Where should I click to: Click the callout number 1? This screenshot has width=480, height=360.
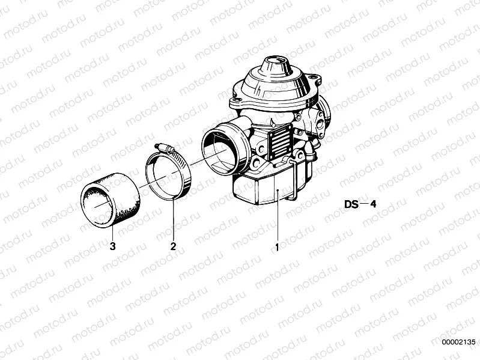pos(277,246)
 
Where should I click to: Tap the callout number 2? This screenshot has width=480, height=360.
pos(173,246)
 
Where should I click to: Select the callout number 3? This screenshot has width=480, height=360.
pos(112,246)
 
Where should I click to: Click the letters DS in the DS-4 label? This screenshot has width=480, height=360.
pos(351,204)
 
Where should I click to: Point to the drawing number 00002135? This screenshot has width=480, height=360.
pos(459,343)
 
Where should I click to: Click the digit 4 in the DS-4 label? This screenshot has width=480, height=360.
pos(372,204)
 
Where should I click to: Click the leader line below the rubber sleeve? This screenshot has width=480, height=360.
pos(112,234)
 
